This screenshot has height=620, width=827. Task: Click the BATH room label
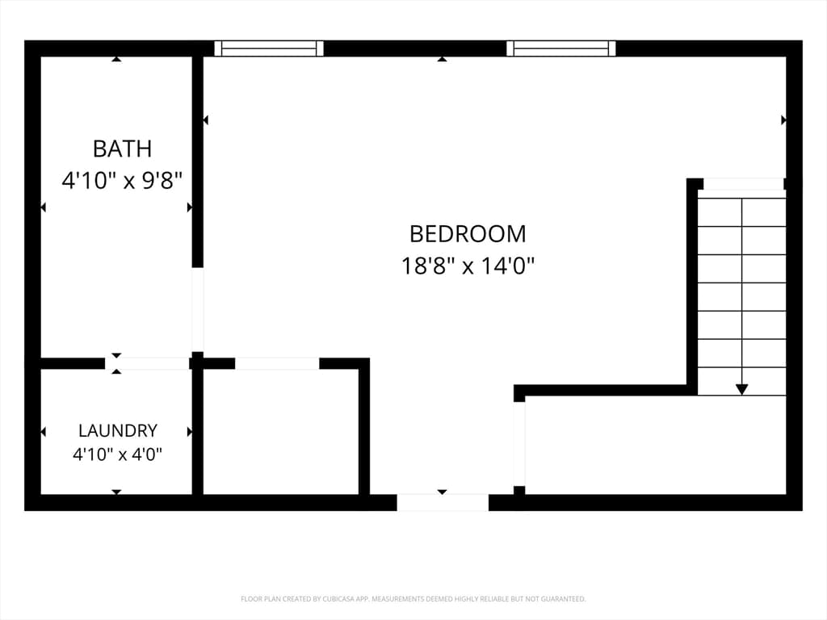click(123, 149)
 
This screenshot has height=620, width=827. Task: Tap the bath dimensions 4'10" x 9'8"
click(122, 181)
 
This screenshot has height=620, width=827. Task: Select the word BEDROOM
click(468, 234)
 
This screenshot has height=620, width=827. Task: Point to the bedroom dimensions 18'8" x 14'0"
click(468, 266)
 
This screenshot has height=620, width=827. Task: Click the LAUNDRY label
click(118, 431)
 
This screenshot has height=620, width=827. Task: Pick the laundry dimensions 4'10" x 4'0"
click(117, 454)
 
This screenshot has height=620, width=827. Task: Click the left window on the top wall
click(269, 48)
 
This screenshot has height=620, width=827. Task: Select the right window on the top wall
click(561, 48)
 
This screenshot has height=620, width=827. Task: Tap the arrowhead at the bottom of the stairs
click(741, 390)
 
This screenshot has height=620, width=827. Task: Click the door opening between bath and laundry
click(147, 363)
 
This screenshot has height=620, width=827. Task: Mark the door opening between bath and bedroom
click(197, 309)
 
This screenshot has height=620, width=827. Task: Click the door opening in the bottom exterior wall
click(443, 502)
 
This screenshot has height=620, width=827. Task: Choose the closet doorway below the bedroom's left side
click(278, 363)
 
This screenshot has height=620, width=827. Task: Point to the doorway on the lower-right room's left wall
click(519, 444)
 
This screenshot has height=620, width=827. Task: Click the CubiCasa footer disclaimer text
click(413, 599)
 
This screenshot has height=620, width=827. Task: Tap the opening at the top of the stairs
click(744, 184)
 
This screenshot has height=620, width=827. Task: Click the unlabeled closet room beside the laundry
click(280, 432)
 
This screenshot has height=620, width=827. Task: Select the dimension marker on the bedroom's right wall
click(783, 120)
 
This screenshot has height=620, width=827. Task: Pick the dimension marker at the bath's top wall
click(116, 59)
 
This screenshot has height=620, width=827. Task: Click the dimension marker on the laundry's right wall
click(190, 432)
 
